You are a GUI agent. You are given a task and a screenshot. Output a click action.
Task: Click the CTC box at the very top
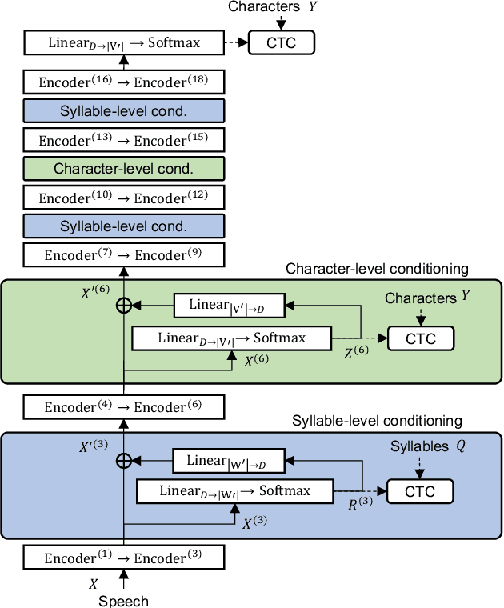pyautogui.click(x=282, y=42)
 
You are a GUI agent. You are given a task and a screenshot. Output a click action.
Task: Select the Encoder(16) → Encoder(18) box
pyautogui.click(x=124, y=82)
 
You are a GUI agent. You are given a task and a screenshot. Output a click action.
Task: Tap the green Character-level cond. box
pyautogui.click(x=124, y=169)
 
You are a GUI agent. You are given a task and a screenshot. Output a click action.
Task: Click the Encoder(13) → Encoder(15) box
pyautogui.click(x=124, y=140)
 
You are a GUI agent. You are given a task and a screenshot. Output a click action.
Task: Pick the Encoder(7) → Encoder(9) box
pyautogui.click(x=124, y=255)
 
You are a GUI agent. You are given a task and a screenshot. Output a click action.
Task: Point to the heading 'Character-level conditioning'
pyautogui.click(x=377, y=269)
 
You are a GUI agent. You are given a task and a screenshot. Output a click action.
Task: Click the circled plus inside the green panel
pyautogui.click(x=124, y=305)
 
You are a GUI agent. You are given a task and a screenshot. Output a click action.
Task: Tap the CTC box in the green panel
pyautogui.click(x=421, y=338)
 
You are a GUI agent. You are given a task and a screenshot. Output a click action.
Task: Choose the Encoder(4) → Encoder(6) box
pyautogui.click(x=124, y=407)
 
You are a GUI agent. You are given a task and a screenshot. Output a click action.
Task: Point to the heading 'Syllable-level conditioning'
pyautogui.click(x=377, y=421)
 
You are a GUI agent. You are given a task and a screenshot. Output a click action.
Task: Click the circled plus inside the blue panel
pyautogui.click(x=124, y=460)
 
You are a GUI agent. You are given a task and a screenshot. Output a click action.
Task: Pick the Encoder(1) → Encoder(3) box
pyautogui.click(x=124, y=558)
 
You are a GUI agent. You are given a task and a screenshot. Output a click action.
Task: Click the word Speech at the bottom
pyautogui.click(x=123, y=601)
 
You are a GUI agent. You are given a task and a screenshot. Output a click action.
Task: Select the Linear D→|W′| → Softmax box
pyautogui.click(x=235, y=490)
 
